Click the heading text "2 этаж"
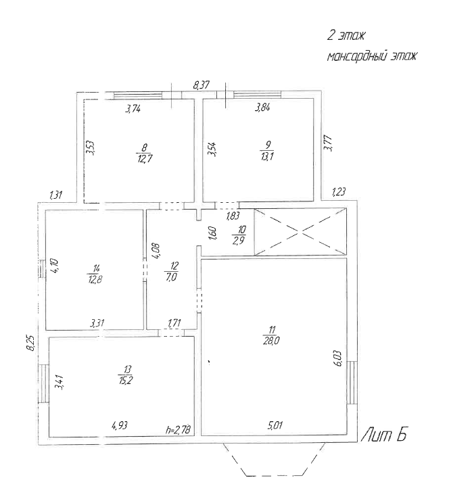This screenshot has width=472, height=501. [346, 35]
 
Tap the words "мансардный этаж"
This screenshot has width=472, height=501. [372, 57]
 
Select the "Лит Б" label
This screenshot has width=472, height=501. [384, 435]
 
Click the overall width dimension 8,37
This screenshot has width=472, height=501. [202, 85]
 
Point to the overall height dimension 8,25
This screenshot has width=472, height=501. [30, 343]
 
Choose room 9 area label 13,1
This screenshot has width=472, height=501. [267, 156]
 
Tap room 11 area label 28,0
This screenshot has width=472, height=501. [271, 341]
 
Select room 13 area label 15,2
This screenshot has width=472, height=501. [126, 380]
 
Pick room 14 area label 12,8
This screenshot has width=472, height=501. [95, 280]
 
